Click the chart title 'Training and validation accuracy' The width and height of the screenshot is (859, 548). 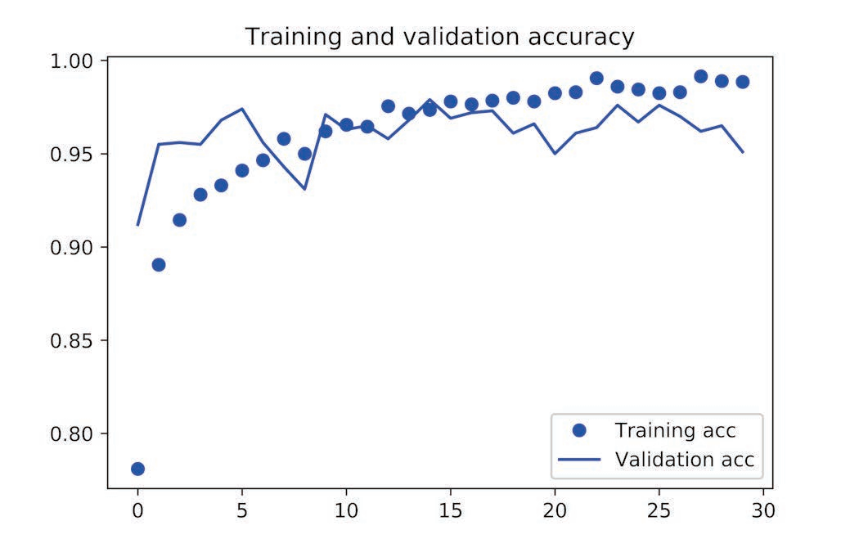pos(439,37)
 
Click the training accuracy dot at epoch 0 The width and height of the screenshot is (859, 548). pos(137,469)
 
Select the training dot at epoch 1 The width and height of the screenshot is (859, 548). pos(159,264)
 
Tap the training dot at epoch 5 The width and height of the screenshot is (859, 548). pos(242,170)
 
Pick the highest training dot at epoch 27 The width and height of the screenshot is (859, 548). pos(700,76)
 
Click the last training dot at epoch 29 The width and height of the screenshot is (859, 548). pos(743,81)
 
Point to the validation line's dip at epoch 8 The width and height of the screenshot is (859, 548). pos(304,189)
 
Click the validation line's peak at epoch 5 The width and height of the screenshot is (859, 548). pos(242,108)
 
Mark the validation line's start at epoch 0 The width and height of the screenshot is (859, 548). pos(137,224)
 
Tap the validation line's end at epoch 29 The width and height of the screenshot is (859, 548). pos(743,152)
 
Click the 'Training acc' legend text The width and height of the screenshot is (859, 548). pos(675,430)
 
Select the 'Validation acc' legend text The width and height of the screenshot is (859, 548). pos(684,459)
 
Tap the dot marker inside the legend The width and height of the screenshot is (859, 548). pos(580,430)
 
